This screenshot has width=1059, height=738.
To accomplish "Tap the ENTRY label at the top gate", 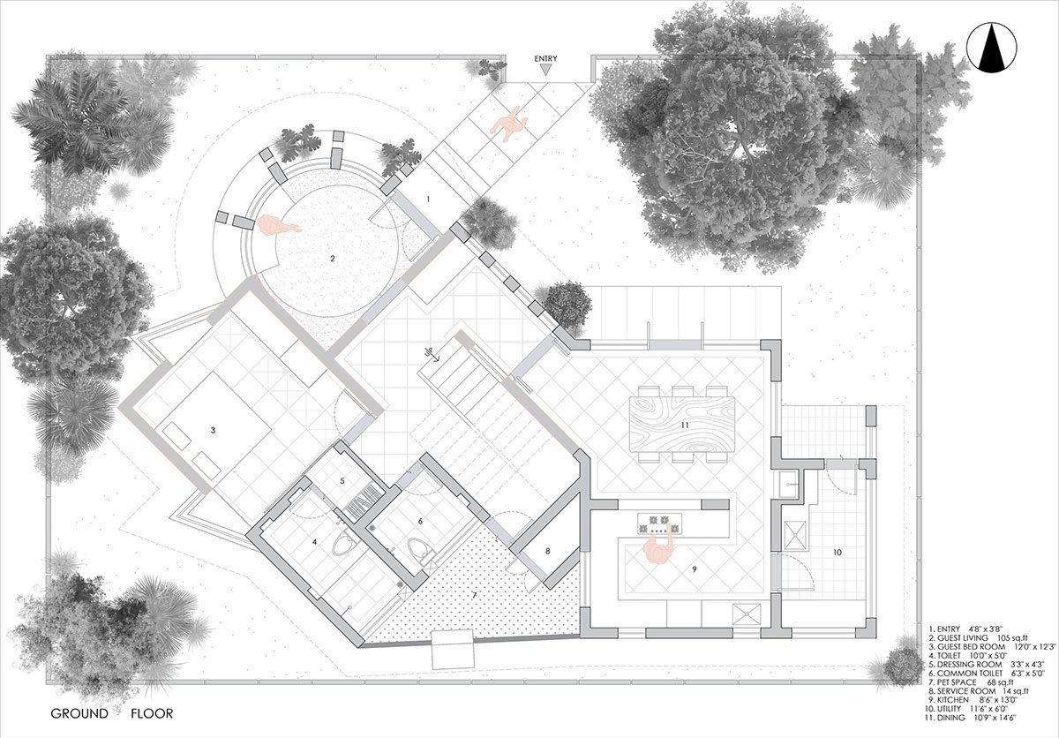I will tap(546, 58).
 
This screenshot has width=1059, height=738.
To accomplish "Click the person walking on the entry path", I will tap(507, 124).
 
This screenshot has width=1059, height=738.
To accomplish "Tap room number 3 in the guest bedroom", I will tap(213, 431).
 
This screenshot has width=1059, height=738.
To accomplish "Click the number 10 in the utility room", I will tap(837, 552).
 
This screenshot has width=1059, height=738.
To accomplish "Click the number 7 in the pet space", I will tap(474, 596).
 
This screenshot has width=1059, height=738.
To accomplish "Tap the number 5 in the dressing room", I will tap(342, 481).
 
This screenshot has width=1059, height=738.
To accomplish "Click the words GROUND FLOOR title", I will tap(111, 713).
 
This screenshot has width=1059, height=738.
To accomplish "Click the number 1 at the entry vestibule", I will tap(428, 200).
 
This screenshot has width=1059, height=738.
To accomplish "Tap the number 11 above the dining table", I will tap(684, 426).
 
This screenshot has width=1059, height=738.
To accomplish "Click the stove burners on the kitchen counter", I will tap(659, 521).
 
